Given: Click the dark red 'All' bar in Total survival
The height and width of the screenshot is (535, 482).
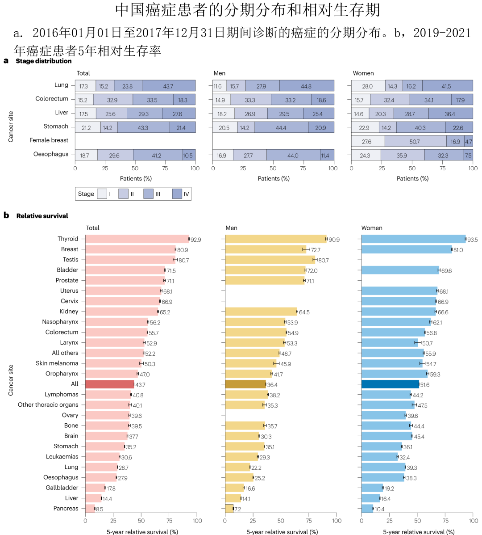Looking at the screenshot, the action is [x=110, y=384].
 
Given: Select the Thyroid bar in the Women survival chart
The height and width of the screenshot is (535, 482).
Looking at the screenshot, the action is [x=414, y=239].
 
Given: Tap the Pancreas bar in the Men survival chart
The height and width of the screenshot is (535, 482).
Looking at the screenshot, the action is [x=229, y=509].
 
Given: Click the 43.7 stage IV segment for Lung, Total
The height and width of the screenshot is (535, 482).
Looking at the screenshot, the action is [x=169, y=86].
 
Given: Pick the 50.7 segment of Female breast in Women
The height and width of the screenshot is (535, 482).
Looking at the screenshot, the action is [x=416, y=141].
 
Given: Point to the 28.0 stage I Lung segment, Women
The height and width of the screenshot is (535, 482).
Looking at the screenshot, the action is [x=368, y=86].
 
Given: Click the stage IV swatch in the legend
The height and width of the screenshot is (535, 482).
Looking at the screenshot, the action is [x=177, y=194].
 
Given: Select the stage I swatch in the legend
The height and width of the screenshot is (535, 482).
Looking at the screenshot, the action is [x=102, y=194].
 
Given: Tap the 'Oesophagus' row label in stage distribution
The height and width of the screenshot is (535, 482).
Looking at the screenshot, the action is [x=51, y=154].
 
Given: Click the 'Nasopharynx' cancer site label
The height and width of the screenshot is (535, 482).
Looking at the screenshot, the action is [x=60, y=322].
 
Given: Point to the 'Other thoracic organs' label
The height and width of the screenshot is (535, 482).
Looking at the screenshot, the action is [x=48, y=404].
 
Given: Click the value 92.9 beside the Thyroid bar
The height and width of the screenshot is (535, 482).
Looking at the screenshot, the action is [x=196, y=240].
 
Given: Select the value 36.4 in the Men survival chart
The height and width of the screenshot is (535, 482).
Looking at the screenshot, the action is [x=272, y=385].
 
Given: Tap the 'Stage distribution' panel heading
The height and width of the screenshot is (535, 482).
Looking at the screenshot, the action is [x=44, y=61].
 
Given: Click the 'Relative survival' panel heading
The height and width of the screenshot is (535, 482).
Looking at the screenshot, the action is [x=42, y=215].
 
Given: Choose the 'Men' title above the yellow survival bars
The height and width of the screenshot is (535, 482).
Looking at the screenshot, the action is [x=231, y=228].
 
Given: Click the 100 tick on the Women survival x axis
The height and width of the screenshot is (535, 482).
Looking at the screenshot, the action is [x=474, y=521].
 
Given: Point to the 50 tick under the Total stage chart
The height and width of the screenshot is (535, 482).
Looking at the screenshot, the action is [x=135, y=168].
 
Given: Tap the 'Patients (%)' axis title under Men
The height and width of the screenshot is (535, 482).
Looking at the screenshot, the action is [x=274, y=178].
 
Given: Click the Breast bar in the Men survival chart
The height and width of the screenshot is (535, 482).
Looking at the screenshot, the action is [x=266, y=249].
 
